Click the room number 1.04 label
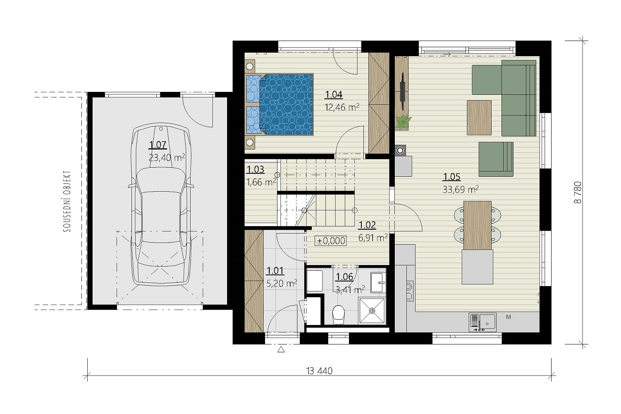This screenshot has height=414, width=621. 334,95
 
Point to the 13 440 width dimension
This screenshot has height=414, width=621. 319,371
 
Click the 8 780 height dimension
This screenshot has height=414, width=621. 578,193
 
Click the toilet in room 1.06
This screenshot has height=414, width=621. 338,315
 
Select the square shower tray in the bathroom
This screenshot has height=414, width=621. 372,311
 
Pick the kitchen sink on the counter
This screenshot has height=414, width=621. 482,322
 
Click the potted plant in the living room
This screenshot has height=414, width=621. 403,122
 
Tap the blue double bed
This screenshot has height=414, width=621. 280,104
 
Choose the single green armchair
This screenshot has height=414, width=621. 496,159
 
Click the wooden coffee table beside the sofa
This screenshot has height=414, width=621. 479,118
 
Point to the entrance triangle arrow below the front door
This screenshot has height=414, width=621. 281,349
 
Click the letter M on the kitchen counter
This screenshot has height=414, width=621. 509,317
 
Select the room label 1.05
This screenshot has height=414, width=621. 451,177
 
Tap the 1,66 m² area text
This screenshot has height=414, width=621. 261,183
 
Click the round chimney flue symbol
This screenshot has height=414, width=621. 400,151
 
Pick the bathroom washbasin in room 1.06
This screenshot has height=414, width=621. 378,282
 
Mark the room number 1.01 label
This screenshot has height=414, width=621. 275,271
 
